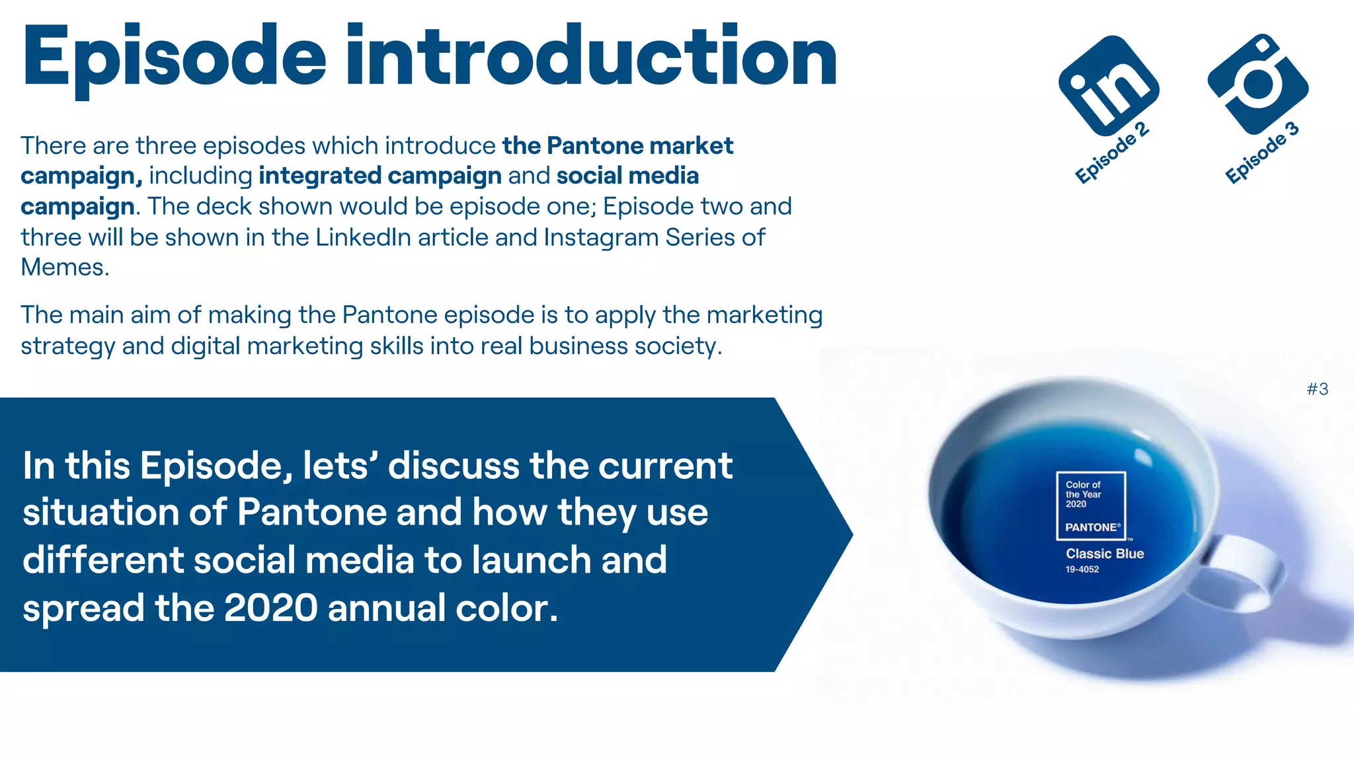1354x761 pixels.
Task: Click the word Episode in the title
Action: (174, 58)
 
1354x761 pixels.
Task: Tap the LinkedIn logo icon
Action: (1109, 85)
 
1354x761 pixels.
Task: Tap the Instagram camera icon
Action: (1257, 84)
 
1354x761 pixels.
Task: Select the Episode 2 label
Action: (1111, 153)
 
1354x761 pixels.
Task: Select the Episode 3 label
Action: (1261, 153)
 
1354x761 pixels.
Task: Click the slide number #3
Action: (1317, 389)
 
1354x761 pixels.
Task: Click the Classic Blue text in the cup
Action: (1104, 554)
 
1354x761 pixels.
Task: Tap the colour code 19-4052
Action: (1082, 569)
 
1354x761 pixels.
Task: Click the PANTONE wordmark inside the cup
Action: (1092, 527)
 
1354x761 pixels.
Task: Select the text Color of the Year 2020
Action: (1083, 494)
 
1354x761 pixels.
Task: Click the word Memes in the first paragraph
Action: (63, 268)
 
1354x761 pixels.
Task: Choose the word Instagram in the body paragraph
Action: (600, 237)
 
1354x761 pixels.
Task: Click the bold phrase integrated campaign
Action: (380, 176)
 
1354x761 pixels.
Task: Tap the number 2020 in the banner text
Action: (271, 608)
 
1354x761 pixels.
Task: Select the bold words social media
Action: (627, 176)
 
